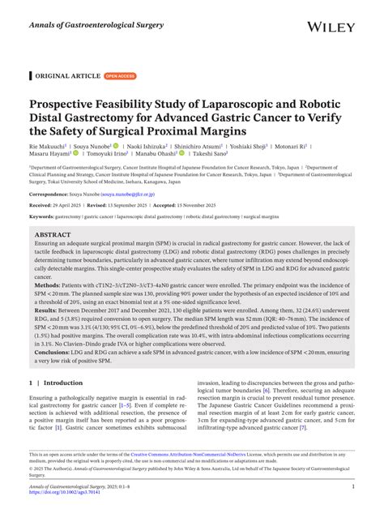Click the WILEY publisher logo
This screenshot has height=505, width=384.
[333, 26]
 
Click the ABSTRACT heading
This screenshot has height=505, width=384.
[53, 235]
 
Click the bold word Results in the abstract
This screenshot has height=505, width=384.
[46, 309]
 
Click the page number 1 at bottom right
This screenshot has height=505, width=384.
[353, 486]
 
